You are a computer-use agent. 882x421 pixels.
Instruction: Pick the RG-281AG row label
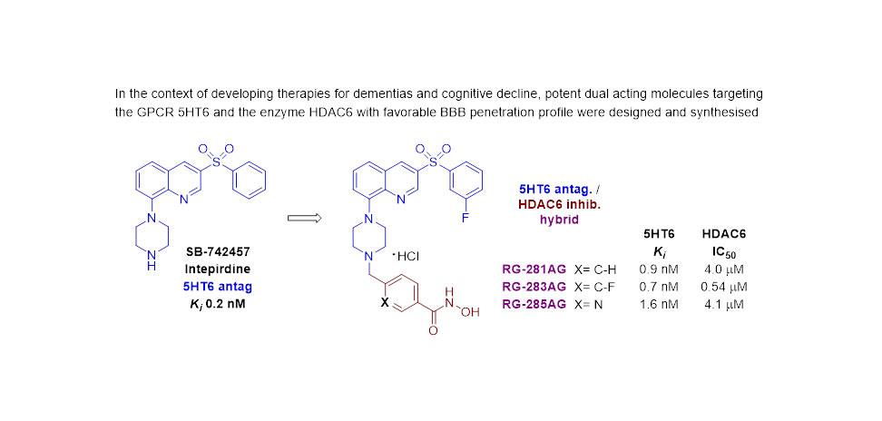click(534, 269)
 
